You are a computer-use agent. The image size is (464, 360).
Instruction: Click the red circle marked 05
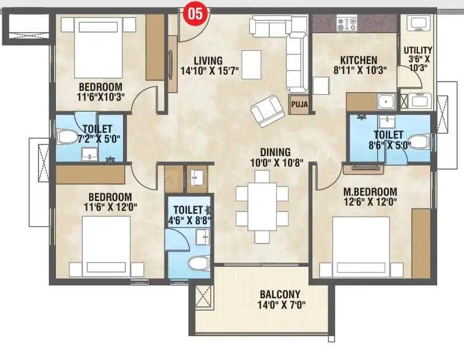coord(196,13)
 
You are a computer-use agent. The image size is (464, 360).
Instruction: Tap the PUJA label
coord(299,104)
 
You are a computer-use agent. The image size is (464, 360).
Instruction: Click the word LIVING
coord(208,61)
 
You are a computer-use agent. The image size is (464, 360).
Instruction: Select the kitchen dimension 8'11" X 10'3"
coord(360,70)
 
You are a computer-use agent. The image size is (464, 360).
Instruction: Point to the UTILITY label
coord(418,50)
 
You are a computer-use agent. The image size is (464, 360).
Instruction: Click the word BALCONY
coord(280,294)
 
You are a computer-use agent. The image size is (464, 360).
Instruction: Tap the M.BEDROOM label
coord(370,192)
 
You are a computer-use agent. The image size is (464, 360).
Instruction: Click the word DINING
coord(275,152)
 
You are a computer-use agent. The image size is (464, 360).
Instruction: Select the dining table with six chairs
coord(262,206)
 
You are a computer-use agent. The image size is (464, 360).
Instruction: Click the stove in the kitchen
coord(346,24)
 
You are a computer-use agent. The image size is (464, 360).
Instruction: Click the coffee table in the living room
coord(251,65)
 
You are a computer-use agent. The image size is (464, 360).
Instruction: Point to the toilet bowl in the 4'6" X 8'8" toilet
coord(199,262)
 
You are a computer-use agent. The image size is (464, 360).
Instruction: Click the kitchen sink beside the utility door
coord(386,101)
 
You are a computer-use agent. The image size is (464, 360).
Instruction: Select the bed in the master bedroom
coord(361,247)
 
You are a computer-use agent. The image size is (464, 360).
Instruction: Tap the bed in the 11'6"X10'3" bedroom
coord(99,47)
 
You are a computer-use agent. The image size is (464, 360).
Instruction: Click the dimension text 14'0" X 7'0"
coord(282,305)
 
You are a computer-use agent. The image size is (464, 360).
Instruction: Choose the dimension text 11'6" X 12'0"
coord(110,207)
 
